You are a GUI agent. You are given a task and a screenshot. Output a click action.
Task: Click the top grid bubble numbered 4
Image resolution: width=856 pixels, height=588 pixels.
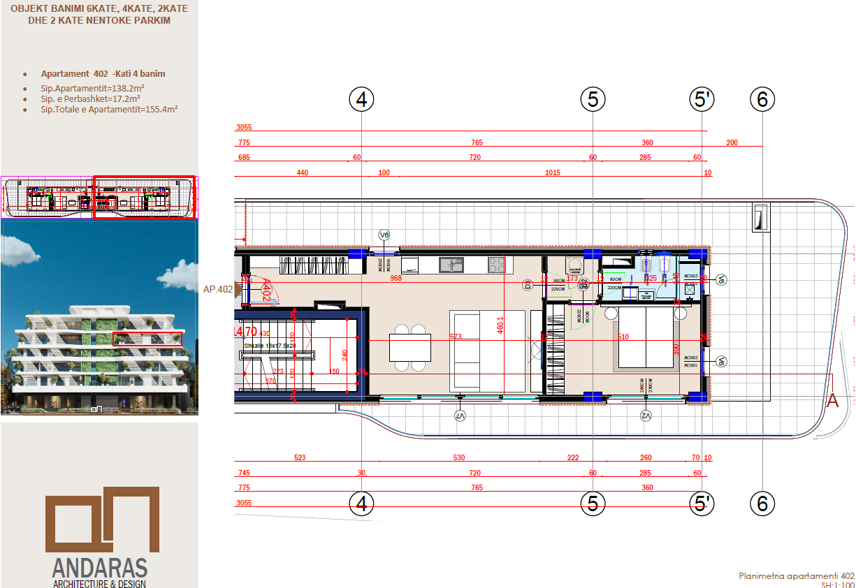(x=361, y=100)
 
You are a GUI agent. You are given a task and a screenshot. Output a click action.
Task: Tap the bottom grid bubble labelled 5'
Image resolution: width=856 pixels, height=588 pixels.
(x=702, y=504)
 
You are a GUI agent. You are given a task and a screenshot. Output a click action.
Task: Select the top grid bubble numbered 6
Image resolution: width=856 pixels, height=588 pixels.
(x=762, y=100)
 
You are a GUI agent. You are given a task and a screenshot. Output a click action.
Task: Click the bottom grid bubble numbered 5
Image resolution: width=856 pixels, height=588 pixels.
(x=593, y=504)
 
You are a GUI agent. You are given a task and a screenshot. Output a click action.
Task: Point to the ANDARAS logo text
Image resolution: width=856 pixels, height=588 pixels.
(x=100, y=566)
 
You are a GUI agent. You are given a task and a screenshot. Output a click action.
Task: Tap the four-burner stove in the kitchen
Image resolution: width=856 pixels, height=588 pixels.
(x=496, y=265)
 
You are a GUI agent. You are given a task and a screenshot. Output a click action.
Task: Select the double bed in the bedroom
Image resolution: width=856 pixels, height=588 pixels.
(x=646, y=338)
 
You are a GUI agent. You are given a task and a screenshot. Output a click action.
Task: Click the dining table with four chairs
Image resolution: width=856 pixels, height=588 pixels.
(x=409, y=347)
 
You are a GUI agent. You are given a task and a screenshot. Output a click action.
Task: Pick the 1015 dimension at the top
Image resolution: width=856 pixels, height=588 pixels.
(x=553, y=172)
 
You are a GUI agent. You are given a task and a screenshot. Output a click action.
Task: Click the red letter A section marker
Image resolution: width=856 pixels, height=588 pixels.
(x=832, y=400)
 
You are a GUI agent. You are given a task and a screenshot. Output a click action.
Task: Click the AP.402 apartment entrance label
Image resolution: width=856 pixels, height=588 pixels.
(x=217, y=288)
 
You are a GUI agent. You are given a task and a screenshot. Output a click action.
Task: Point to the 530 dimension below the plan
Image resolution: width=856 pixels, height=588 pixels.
(x=459, y=458)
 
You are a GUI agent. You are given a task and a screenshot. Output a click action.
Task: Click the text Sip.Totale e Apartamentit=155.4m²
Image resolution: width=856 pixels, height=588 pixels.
(x=109, y=110)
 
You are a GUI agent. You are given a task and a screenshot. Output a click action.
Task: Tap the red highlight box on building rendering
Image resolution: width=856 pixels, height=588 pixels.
(x=147, y=339)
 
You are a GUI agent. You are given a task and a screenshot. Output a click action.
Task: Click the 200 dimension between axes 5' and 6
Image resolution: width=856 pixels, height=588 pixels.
(x=732, y=142)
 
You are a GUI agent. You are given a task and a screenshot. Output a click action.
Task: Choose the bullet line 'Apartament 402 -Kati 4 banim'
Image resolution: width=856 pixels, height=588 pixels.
(x=103, y=73)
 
